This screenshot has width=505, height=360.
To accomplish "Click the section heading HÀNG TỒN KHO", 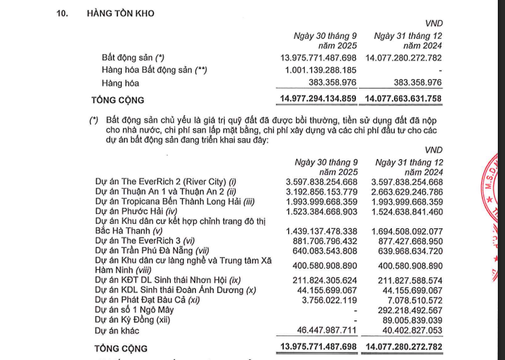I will (120, 14).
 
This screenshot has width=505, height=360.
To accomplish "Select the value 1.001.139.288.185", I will (318, 71).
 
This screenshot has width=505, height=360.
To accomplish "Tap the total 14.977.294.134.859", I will (318, 99).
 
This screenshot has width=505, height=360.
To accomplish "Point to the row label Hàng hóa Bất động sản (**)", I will (154, 71).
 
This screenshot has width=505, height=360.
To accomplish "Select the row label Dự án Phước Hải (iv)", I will (136, 213).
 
